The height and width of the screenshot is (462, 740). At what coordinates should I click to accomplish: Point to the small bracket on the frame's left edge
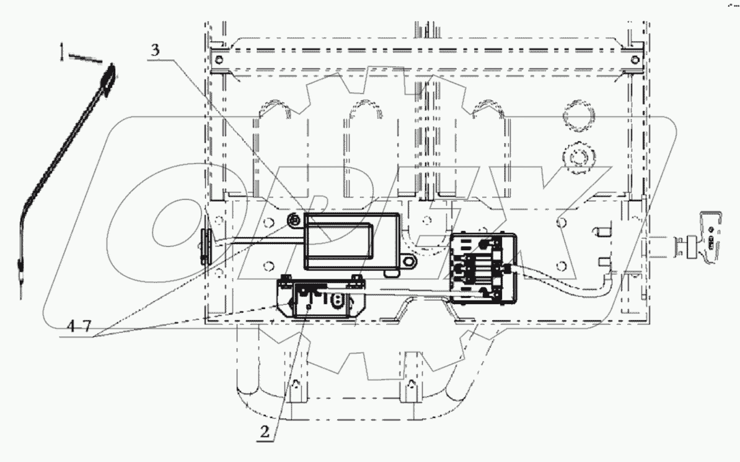tap(206, 246)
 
